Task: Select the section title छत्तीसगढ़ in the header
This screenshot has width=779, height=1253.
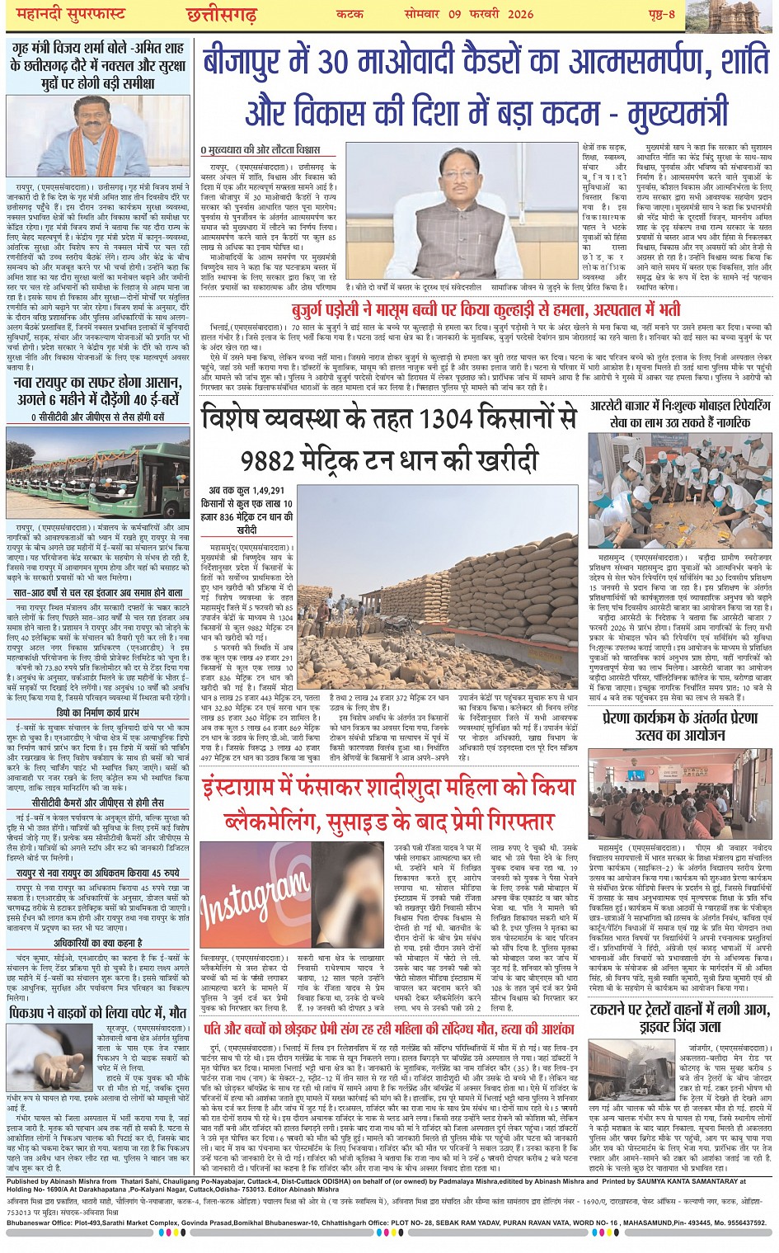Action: [x=221, y=15]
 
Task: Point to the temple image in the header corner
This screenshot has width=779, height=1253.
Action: [x=743, y=16]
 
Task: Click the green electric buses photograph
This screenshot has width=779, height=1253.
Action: [x=97, y=473]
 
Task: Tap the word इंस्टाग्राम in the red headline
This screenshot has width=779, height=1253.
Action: [x=271, y=789]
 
